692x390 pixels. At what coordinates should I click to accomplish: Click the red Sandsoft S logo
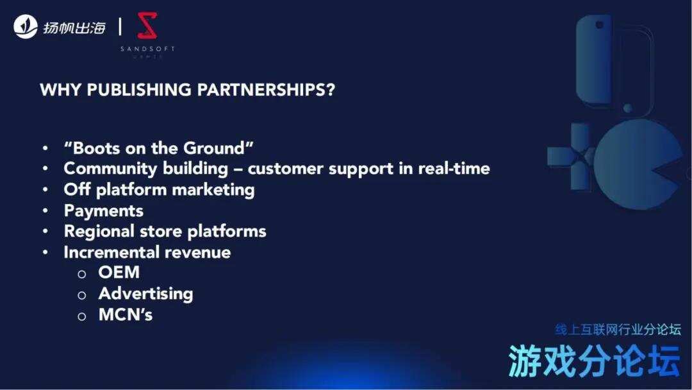coord(147,26)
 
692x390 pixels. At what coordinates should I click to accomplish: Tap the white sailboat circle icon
coord(26,26)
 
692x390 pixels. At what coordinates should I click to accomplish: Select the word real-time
coord(454,169)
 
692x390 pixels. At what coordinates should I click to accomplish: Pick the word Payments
coord(103,210)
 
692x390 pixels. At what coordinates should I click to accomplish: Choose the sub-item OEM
coord(119,273)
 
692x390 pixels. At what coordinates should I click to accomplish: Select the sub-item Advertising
coord(145,294)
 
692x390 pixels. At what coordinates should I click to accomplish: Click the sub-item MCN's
coord(126,314)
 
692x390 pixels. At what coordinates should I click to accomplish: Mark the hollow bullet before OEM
coord(81,274)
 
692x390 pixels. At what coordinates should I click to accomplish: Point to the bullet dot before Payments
coord(45,211)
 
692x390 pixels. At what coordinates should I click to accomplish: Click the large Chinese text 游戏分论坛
coord(594,361)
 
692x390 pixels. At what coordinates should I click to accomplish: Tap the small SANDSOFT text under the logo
coord(147,49)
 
